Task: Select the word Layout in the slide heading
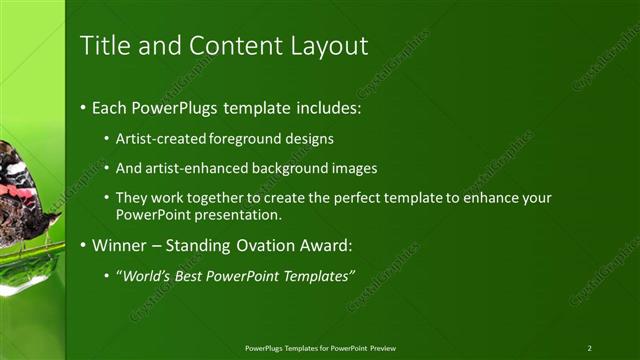(330, 46)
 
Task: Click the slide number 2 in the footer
(589, 348)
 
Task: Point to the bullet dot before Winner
(84, 245)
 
